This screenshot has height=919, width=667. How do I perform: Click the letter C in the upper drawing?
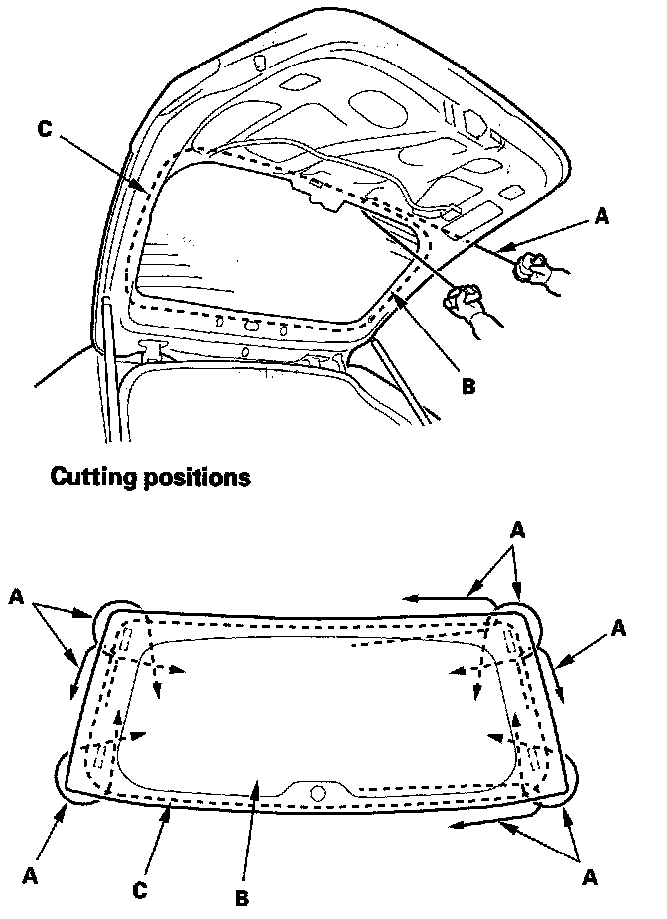pyautogui.click(x=43, y=129)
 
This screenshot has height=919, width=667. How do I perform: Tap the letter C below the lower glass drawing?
pyautogui.click(x=140, y=890)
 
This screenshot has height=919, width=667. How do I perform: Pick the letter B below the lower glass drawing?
pyautogui.click(x=240, y=899)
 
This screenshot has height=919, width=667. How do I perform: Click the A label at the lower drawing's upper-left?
pyautogui.click(x=16, y=595)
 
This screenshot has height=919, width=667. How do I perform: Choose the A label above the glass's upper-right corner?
pyautogui.click(x=517, y=531)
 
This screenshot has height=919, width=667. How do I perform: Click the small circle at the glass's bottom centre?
pyautogui.click(x=317, y=792)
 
